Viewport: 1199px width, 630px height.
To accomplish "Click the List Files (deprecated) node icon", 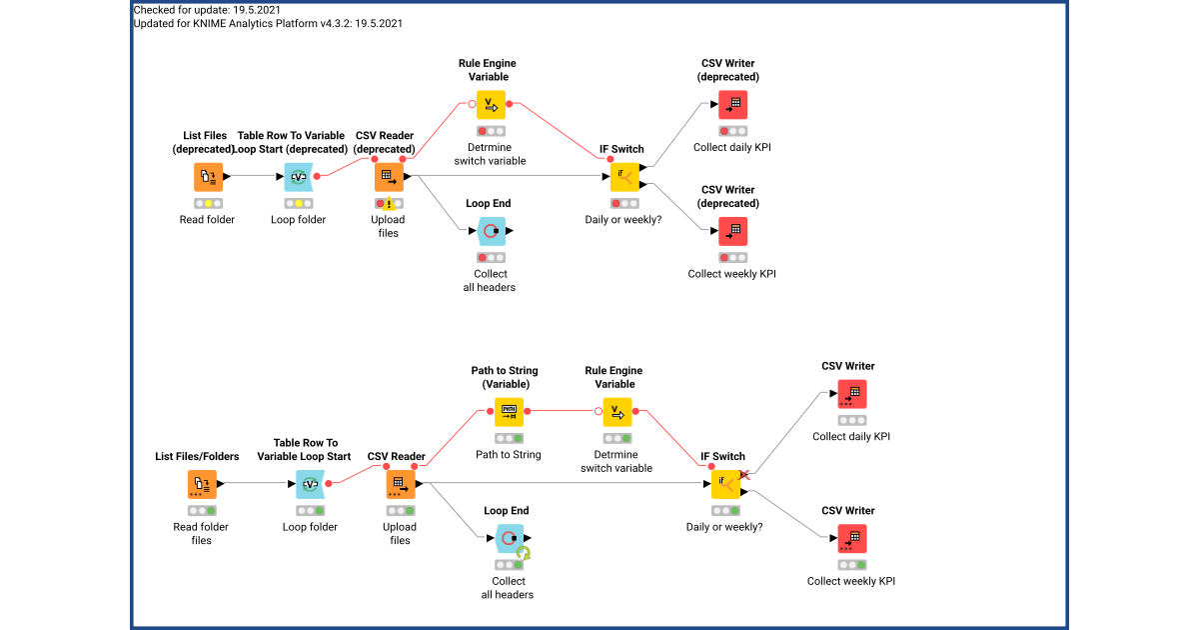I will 208,177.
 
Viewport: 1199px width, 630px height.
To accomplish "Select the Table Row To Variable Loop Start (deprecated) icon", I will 298,177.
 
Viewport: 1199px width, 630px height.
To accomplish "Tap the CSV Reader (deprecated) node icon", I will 389,177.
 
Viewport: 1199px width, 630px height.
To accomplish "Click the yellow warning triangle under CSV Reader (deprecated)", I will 391,205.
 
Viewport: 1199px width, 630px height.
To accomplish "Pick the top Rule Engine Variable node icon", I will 489,105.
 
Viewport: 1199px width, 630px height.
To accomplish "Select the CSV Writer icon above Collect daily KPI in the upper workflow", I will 732,105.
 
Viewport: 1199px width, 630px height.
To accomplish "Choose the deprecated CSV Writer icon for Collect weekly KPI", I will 732,231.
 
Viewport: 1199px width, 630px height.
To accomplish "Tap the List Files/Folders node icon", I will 201,485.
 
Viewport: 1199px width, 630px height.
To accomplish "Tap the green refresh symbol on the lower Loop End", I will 524,553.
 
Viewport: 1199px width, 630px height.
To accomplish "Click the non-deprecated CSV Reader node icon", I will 400,485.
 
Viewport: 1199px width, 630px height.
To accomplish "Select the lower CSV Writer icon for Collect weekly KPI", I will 851,539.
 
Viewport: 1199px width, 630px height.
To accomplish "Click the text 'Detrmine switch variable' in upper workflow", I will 489,154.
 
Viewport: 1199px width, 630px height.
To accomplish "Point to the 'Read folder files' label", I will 201,533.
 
